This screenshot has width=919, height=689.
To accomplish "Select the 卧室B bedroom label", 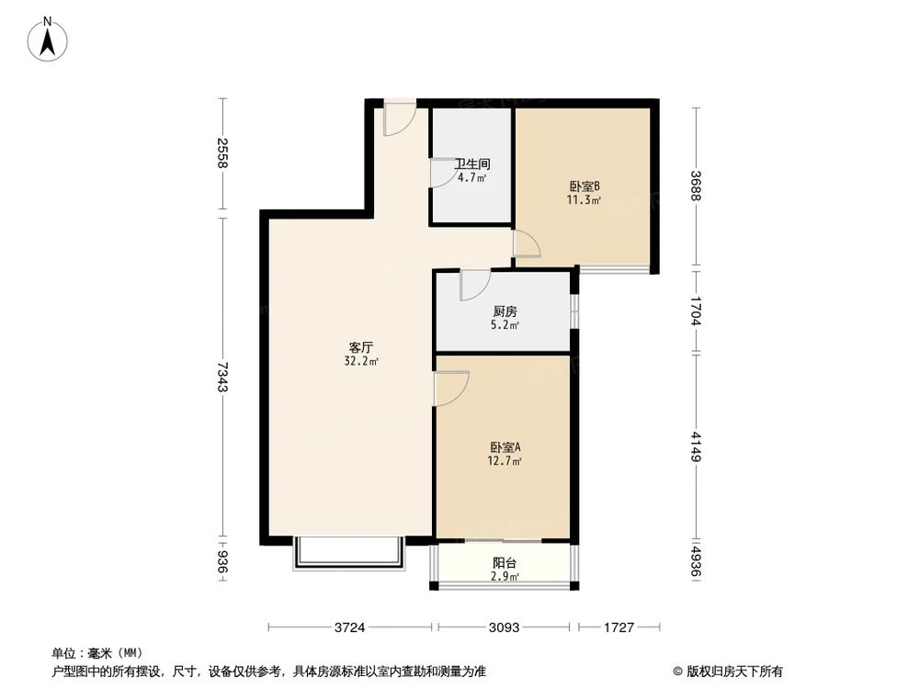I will [584, 186].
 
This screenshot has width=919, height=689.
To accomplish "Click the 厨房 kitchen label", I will [503, 311].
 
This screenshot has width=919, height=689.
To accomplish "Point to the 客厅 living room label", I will [360, 347].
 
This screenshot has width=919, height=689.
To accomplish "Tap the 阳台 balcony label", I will [503, 563].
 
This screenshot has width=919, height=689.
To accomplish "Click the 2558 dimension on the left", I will [221, 153].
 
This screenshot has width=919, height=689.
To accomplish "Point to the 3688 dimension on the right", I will [696, 186].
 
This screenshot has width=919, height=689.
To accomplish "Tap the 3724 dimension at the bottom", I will [349, 628].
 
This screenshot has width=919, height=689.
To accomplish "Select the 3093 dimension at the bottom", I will [505, 628].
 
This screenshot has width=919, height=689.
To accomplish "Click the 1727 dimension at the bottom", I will [618, 628].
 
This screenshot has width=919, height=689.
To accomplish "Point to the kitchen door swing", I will [475, 286].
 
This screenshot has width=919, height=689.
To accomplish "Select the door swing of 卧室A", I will [452, 387].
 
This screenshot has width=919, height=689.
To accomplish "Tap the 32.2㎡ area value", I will [360, 361].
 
